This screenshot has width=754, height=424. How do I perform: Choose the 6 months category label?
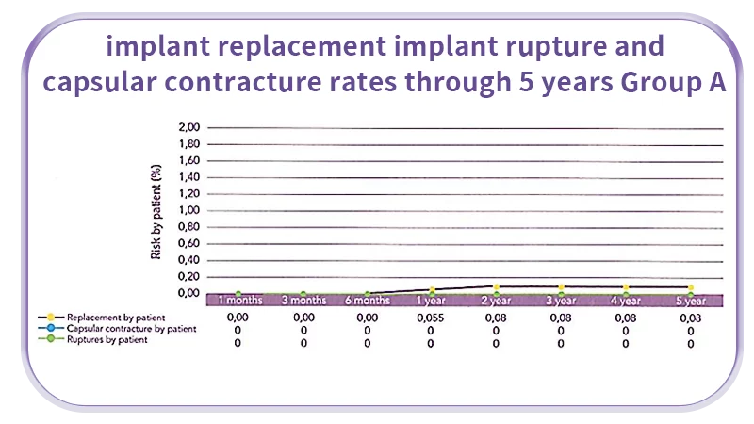[x=367, y=301]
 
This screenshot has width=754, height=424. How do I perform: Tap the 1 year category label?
[x=432, y=301]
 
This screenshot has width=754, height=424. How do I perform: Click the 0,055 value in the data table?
[x=432, y=318]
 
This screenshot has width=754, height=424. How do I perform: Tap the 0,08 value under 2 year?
[x=496, y=318]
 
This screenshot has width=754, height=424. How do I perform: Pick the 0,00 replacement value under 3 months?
[x=303, y=318]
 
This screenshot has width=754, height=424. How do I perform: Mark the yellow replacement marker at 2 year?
[x=496, y=287]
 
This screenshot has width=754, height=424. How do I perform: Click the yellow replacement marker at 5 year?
[x=690, y=287]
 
